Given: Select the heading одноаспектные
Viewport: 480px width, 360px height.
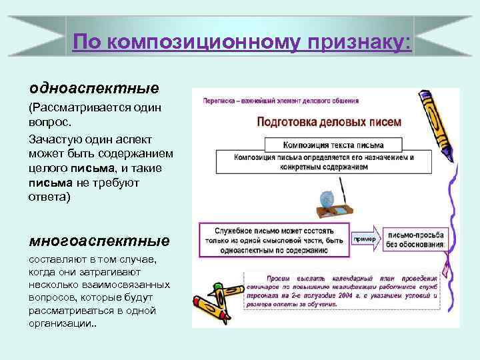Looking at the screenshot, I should (93, 88).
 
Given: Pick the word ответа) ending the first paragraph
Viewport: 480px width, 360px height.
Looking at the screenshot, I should (49, 198).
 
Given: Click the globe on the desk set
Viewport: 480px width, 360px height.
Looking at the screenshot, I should (327, 198).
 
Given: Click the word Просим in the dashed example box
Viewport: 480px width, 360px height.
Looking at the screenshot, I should (276, 277).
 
